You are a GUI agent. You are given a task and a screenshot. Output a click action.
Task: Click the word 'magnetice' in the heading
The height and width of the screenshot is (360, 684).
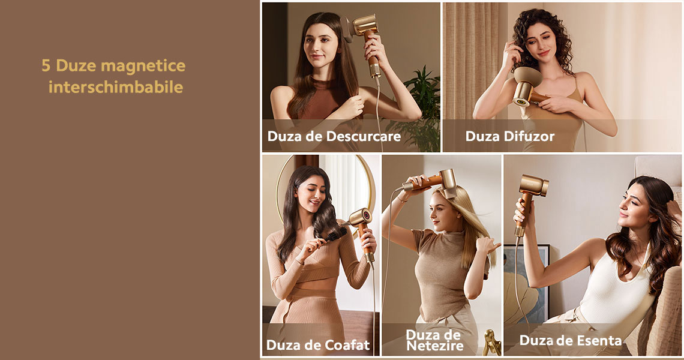tap(143, 67)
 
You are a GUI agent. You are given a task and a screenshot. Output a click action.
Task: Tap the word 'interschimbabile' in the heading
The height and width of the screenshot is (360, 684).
tap(116, 87)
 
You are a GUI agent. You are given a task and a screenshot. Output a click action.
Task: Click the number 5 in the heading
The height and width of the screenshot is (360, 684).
tap(46, 65)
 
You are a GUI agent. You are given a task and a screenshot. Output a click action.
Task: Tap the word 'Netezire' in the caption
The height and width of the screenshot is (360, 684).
tap(435, 346)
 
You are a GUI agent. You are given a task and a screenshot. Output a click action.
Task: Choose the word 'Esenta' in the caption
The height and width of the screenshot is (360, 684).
tap(599, 340)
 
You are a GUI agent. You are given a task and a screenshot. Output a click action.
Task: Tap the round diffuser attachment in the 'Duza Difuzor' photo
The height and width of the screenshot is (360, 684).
tap(527, 77)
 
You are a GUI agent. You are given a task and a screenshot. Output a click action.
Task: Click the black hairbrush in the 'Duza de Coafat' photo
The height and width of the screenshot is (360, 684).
tap(334, 235)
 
